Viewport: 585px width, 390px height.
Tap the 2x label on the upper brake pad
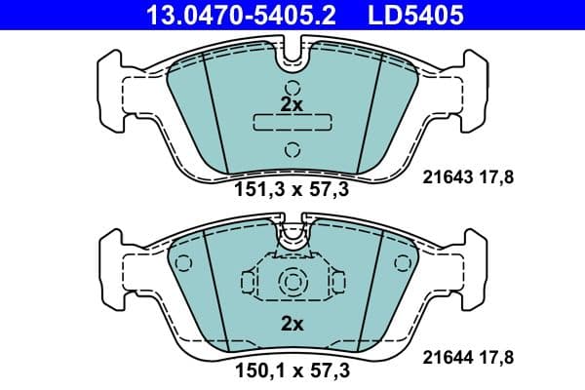point(292,103)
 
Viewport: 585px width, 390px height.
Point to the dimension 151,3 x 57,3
point(292,190)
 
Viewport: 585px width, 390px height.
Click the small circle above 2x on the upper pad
point(292,84)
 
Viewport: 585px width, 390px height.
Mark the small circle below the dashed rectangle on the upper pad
point(292,149)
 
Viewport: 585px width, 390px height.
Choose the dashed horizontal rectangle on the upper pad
point(292,123)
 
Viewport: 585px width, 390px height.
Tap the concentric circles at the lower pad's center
point(292,282)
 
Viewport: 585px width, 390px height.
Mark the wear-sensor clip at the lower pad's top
point(292,234)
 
